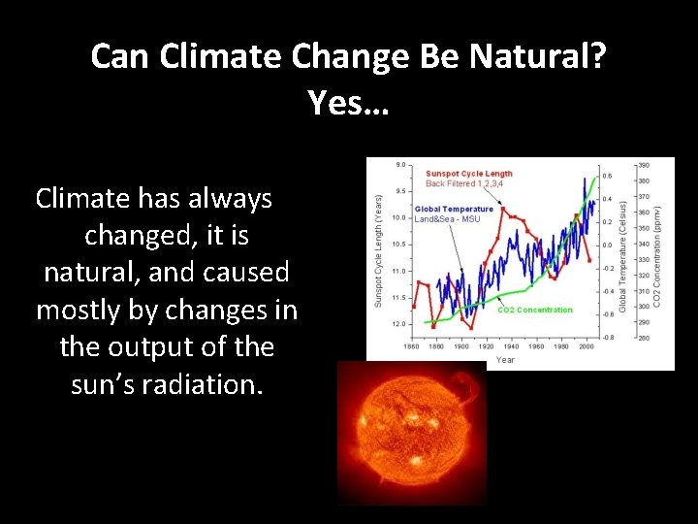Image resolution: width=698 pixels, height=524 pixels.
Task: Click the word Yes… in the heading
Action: (x=348, y=100)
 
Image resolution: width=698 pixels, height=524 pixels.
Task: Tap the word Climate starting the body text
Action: (x=82, y=199)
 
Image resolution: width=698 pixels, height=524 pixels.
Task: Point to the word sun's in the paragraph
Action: (x=107, y=384)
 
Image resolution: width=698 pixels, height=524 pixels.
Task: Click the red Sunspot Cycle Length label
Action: (x=470, y=174)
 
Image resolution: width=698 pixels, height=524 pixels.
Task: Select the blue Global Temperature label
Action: (x=454, y=209)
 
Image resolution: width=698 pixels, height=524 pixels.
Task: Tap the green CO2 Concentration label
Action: (x=534, y=311)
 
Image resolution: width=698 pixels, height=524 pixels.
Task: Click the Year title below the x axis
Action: (x=506, y=359)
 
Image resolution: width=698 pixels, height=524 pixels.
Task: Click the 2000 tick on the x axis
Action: (x=587, y=346)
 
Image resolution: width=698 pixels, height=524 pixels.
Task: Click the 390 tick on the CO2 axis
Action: (x=644, y=165)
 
